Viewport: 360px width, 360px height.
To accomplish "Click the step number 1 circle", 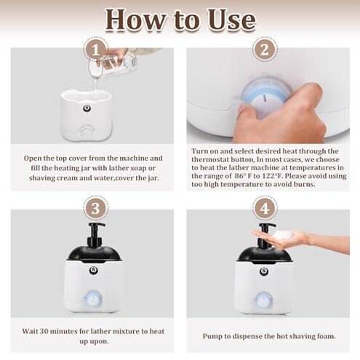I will [x=92, y=50].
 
